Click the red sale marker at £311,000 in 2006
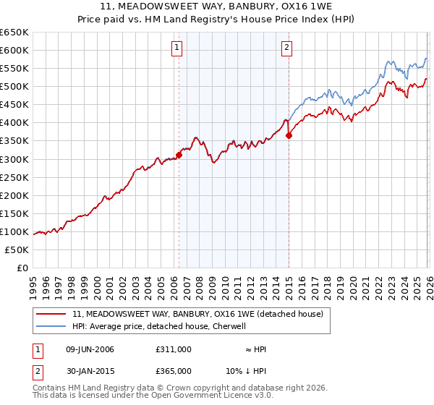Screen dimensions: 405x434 tap(179, 155)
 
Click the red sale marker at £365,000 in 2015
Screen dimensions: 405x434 tap(289, 135)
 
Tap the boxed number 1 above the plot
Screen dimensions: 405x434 tap(177, 48)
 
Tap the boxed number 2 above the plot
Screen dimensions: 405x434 tap(287, 48)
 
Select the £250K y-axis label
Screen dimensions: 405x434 tap(15, 177)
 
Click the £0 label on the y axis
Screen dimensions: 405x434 tap(22, 268)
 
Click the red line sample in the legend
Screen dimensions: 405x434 tap(51, 314)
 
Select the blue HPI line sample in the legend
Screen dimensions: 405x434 tap(51, 326)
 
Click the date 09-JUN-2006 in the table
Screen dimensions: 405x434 tap(90, 349)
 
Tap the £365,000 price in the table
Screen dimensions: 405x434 tap(174, 371)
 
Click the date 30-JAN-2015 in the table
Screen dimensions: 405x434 tap(90, 371)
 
